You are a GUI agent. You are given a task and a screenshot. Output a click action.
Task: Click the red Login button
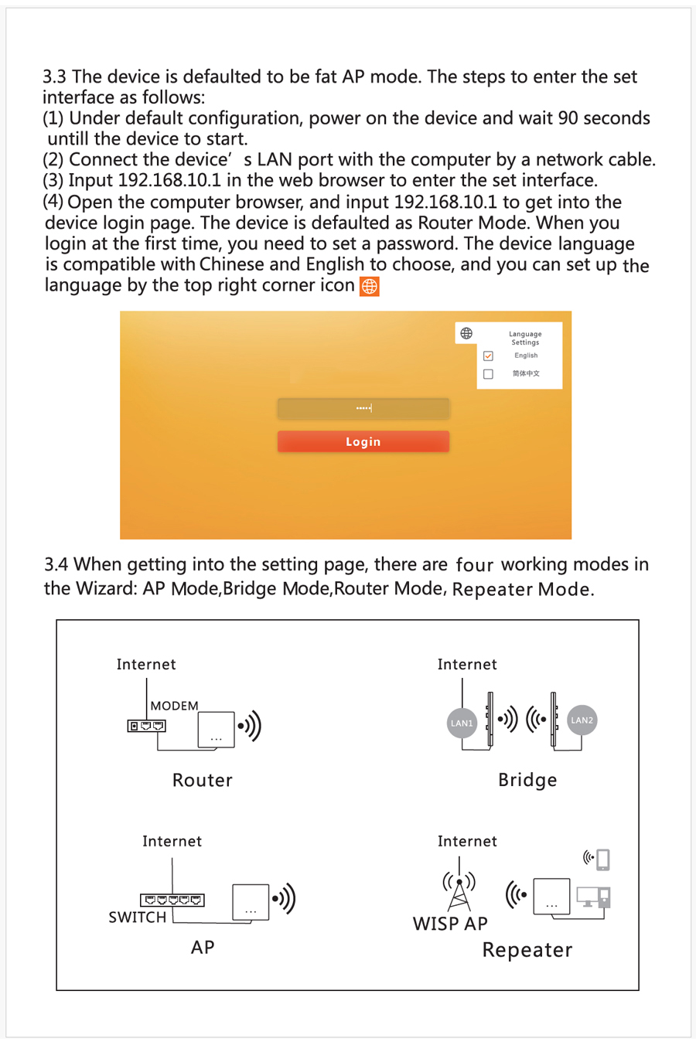point(363,441)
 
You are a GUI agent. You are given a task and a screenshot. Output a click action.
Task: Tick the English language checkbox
point(488,356)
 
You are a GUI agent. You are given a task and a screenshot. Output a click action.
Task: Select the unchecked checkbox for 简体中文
point(488,374)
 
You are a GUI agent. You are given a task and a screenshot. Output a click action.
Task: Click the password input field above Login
point(363,407)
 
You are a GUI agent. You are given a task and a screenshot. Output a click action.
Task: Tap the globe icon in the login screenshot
point(466,333)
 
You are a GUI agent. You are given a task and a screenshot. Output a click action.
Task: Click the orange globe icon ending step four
point(370,286)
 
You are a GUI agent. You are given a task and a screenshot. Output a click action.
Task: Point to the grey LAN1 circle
point(462,723)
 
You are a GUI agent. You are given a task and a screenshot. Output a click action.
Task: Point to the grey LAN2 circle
point(582,720)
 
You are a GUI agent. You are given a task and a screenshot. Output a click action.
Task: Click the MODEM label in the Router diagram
point(174,706)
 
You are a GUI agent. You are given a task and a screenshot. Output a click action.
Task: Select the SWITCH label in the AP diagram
point(138,918)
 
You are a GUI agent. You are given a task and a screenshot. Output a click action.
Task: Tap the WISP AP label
point(450,924)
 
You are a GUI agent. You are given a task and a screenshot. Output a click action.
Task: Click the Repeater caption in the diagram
point(527,950)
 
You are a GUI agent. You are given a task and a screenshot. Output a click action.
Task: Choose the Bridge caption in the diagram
point(527,780)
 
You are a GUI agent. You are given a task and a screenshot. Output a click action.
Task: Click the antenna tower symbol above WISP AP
point(459,891)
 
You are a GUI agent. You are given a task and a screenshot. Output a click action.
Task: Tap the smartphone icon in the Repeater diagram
point(603,859)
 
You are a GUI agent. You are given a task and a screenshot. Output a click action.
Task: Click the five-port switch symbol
point(172,900)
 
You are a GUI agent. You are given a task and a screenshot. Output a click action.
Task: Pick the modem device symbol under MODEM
point(146,726)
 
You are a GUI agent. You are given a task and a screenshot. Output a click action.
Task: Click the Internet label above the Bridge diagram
point(467,665)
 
